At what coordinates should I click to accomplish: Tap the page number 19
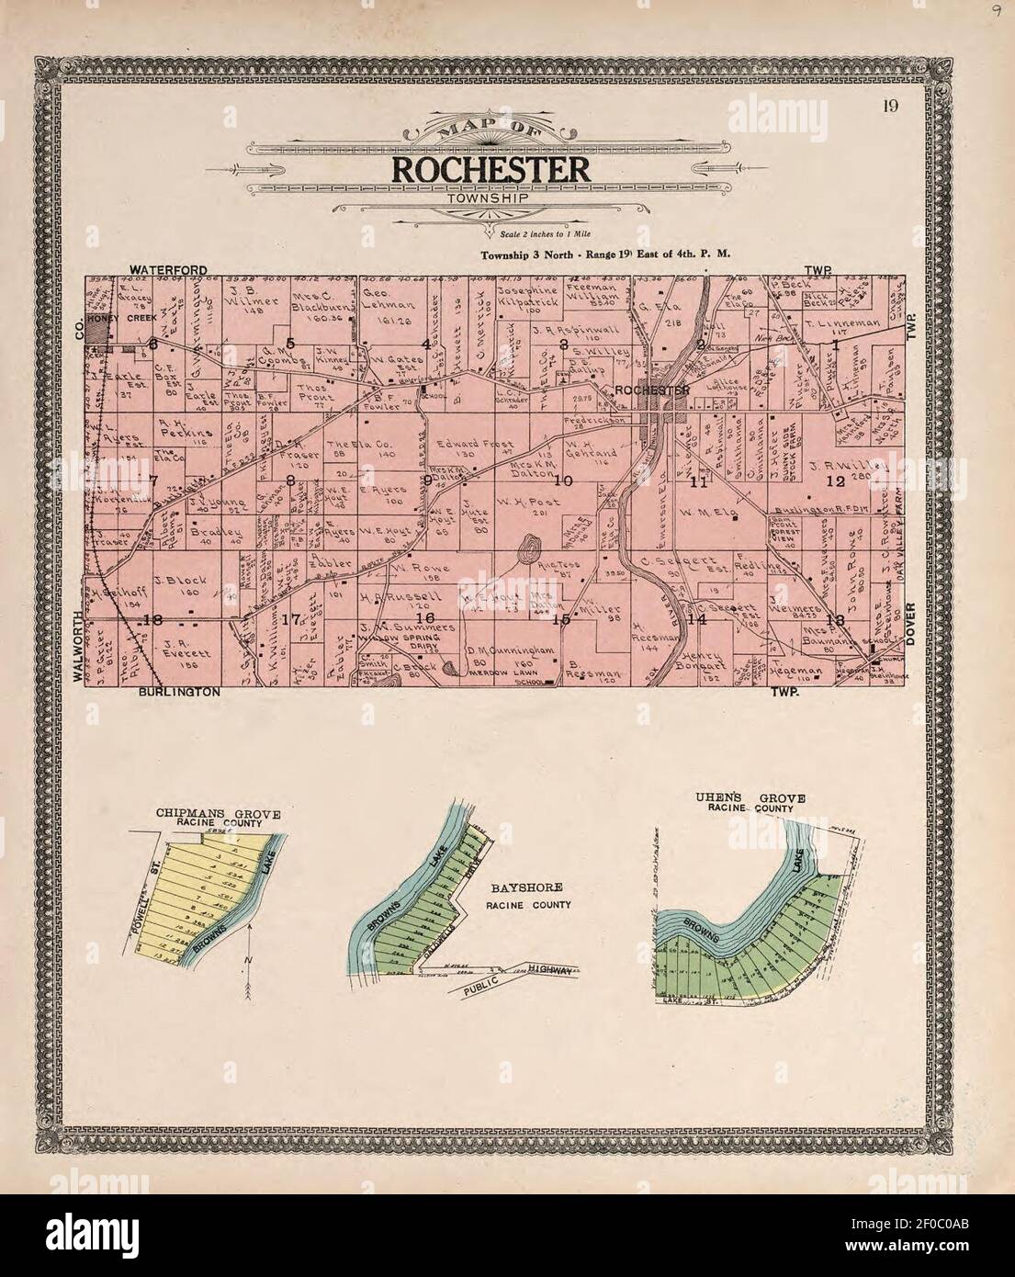(x=890, y=106)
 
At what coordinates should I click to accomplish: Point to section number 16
(x=425, y=616)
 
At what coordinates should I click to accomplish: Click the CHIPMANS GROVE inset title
(x=217, y=812)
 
